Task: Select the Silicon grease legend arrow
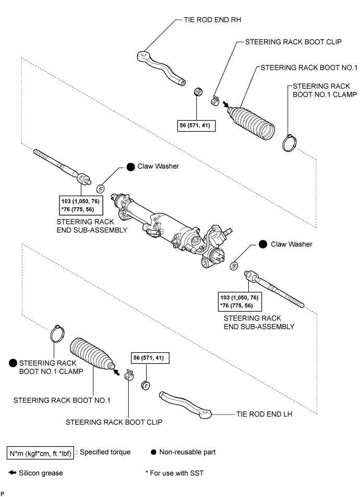click(11, 473)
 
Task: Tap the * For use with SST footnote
click(175, 473)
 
